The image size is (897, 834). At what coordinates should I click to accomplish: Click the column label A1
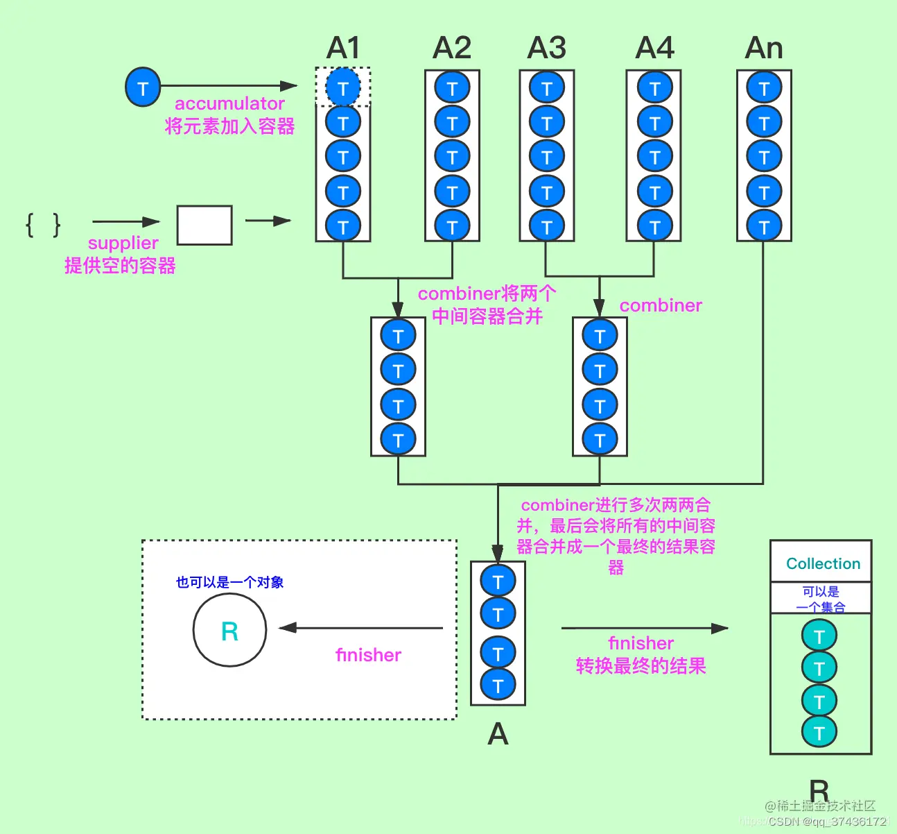pos(343,49)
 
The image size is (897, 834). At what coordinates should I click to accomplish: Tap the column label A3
pos(547,49)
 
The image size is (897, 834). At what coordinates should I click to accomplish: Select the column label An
pos(764,49)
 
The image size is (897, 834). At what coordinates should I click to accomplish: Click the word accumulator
pos(229,104)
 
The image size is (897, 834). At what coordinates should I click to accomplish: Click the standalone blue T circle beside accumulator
pos(143,87)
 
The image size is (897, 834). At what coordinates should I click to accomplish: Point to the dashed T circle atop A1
pos(343,87)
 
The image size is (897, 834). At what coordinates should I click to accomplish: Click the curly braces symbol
pos(43,225)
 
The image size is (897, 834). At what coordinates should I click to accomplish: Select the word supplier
pos(123,243)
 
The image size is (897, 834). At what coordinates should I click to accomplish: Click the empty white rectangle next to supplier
pos(204,225)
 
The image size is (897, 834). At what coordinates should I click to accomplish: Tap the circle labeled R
pos(229,631)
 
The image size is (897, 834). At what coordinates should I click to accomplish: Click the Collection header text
pos(823,563)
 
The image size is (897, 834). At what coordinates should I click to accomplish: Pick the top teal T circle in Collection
pos(819,636)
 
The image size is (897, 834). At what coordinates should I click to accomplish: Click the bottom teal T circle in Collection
pos(819,732)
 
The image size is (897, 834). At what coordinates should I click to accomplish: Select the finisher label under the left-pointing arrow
pos(368,655)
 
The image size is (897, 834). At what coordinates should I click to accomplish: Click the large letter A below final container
pos(498,733)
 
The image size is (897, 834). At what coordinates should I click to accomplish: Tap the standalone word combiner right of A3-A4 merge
pos(661,305)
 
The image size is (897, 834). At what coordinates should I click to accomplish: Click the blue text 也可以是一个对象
pos(229,582)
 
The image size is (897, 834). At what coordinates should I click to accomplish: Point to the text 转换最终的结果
pos(641,666)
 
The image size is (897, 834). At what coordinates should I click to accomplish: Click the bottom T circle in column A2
pos(452,226)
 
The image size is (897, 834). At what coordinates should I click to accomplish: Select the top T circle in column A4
pos(654,88)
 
